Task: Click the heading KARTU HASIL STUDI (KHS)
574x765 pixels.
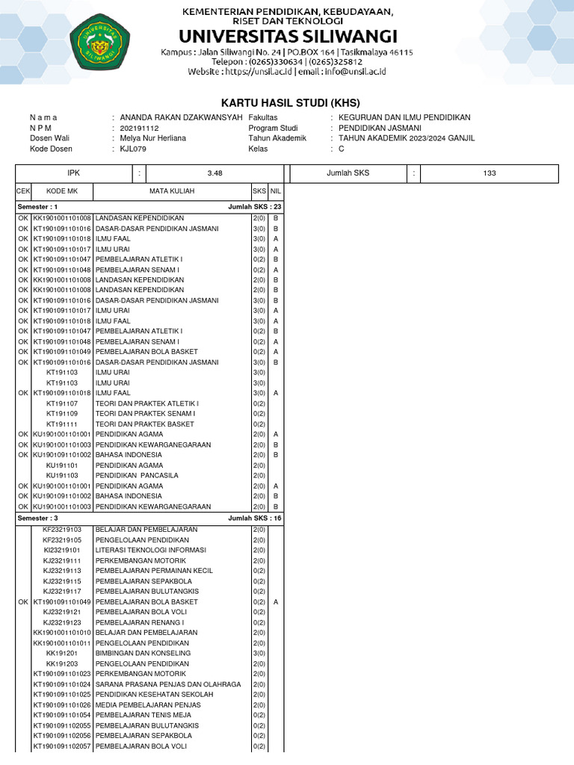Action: coord(286,102)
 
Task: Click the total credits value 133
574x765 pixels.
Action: coord(490,173)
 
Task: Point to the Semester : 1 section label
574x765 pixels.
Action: coord(37,207)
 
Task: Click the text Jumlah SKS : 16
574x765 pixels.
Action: coord(255,518)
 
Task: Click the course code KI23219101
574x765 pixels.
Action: coord(62,550)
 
